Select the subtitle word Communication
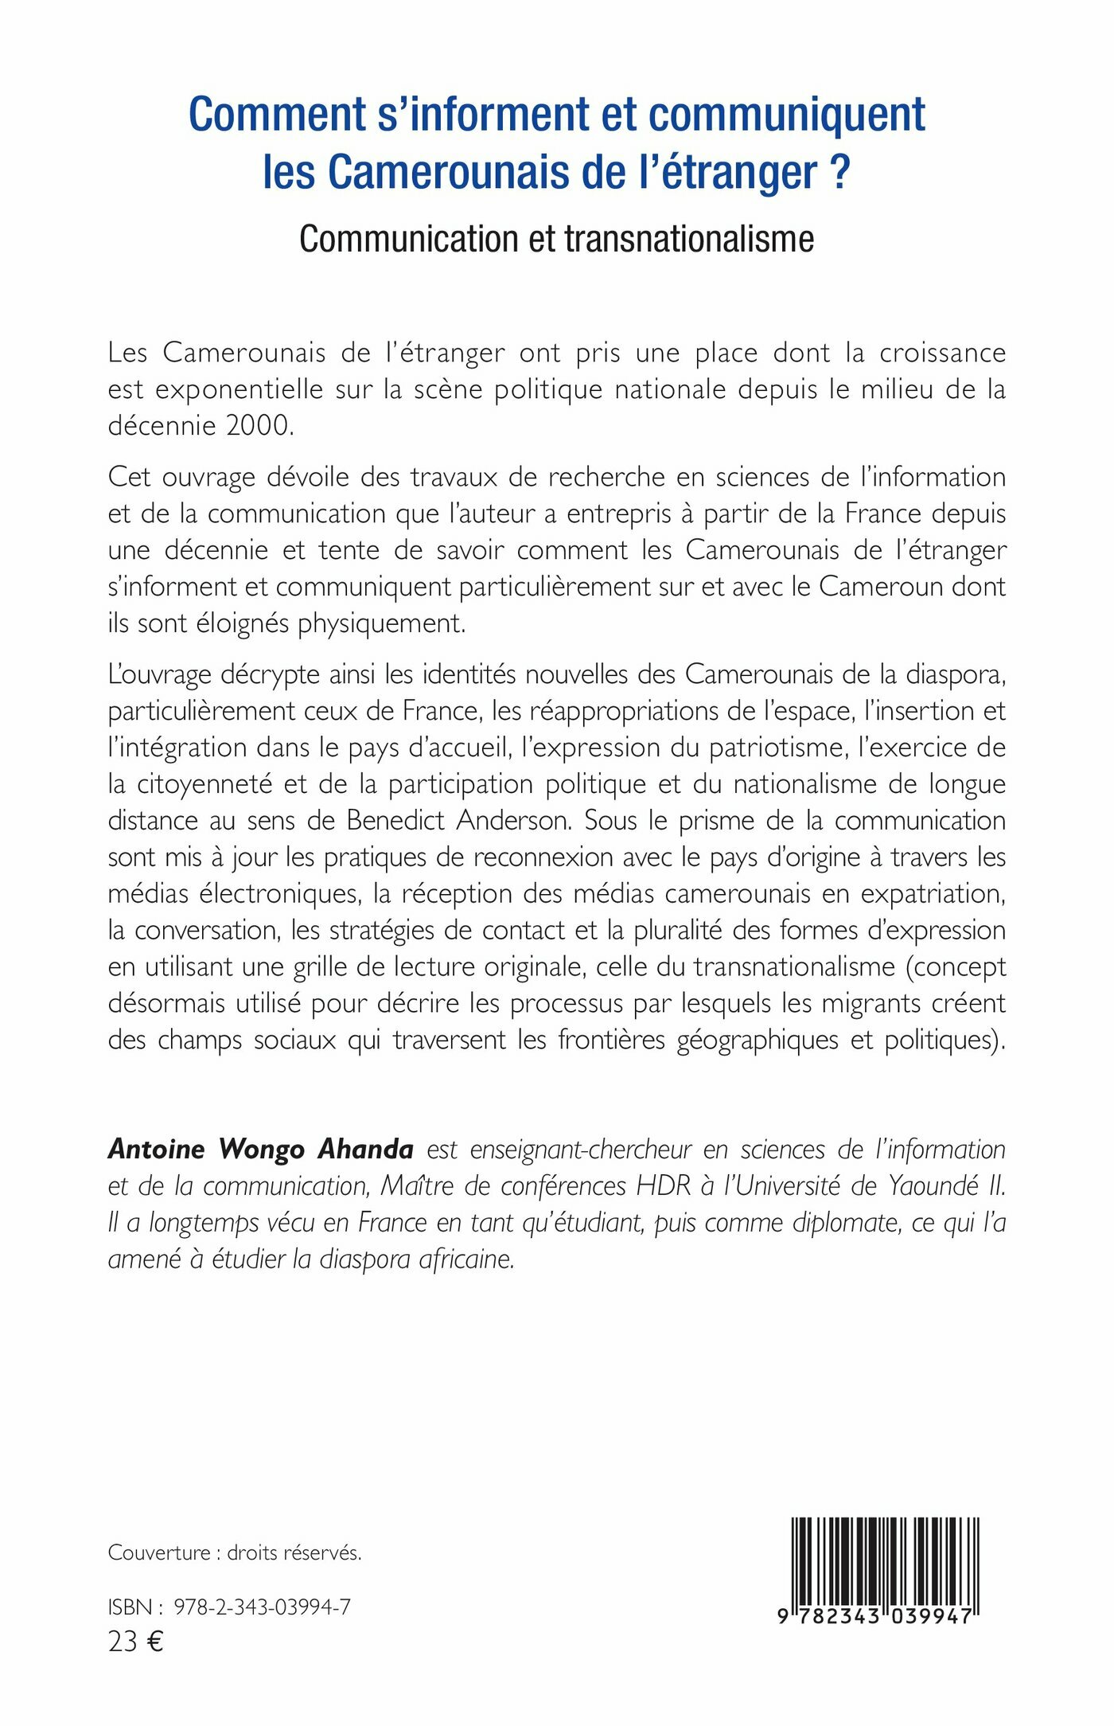[x=409, y=239]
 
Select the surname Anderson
[x=513, y=821]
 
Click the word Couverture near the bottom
[x=159, y=1552]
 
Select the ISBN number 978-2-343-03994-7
[x=262, y=1607]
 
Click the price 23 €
[x=135, y=1642]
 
